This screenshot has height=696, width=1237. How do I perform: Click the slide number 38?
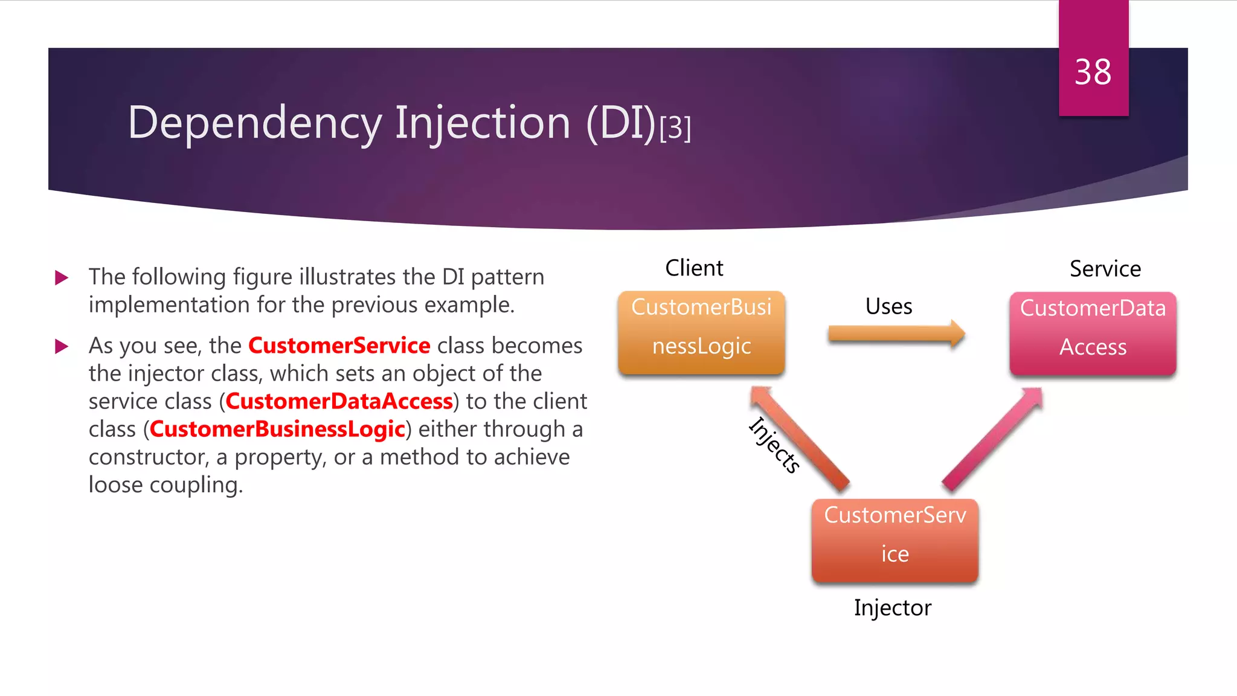pyautogui.click(x=1093, y=72)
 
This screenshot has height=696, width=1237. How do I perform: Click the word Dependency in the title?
pyautogui.click(x=254, y=123)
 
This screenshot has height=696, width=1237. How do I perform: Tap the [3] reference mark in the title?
pyautogui.click(x=675, y=128)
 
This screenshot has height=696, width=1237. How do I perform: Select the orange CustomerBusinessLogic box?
pyautogui.click(x=701, y=332)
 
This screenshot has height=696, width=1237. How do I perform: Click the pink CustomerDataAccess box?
pyautogui.click(x=1093, y=333)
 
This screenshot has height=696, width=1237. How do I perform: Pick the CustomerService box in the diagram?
pyautogui.click(x=895, y=540)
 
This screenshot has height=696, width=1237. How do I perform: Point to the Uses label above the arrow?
pyautogui.click(x=888, y=306)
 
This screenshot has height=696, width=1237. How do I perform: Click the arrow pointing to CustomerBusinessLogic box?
pyautogui.click(x=800, y=439)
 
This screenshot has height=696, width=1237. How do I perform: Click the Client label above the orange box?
pyautogui.click(x=694, y=268)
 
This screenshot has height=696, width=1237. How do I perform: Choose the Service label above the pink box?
pyautogui.click(x=1105, y=269)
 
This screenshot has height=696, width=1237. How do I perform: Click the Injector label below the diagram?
pyautogui.click(x=892, y=608)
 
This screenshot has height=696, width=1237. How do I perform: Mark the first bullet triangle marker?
pyautogui.click(x=62, y=278)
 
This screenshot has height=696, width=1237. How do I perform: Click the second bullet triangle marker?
pyautogui.click(x=62, y=346)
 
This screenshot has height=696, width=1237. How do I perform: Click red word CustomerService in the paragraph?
pyautogui.click(x=339, y=346)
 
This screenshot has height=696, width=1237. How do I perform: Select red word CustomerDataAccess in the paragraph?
pyautogui.click(x=339, y=401)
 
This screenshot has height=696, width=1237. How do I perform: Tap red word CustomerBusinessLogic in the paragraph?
pyautogui.click(x=277, y=429)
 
